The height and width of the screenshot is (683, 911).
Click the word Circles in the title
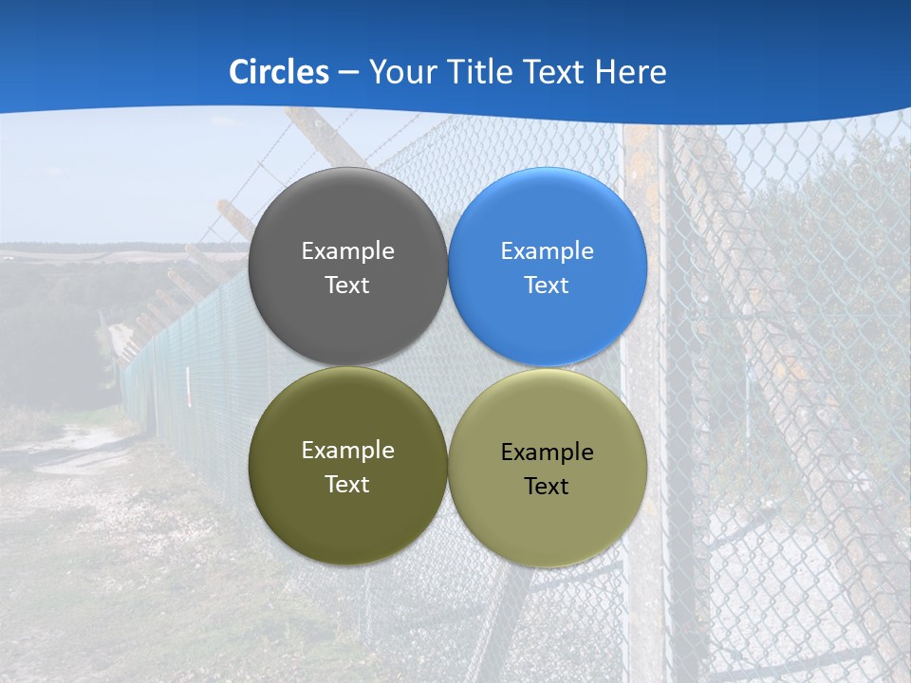pos(279,72)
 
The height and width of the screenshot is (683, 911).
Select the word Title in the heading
pos(487,72)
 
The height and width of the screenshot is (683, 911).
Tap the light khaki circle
pos(547,526)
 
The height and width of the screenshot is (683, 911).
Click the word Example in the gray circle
pos(347,251)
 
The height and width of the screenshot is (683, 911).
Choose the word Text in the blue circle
pos(547,286)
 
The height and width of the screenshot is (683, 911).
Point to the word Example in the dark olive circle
pos(347,451)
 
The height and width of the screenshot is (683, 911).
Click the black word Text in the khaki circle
pos(547,487)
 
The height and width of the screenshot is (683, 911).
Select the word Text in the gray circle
pos(347,286)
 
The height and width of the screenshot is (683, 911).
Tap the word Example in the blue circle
pos(547,251)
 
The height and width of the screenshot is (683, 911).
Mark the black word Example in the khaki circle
pos(547,452)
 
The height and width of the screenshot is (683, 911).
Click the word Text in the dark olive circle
pos(347,485)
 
